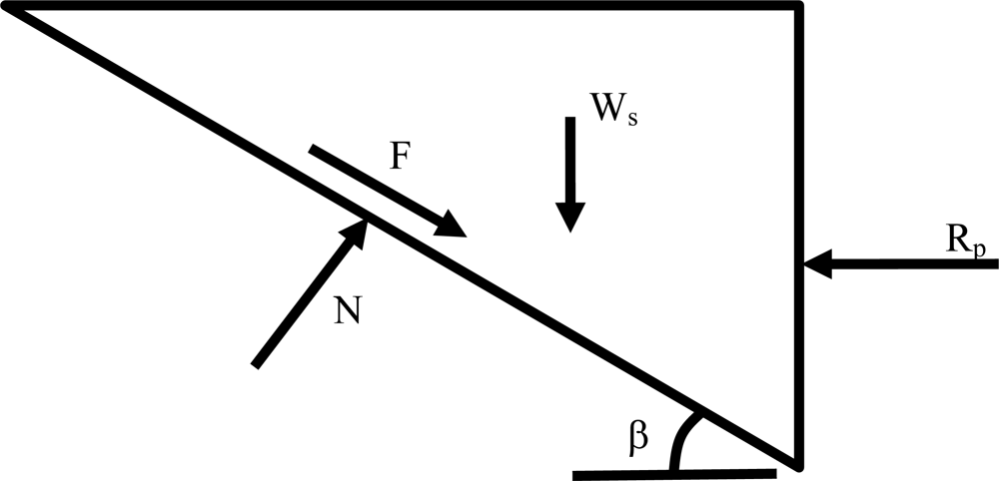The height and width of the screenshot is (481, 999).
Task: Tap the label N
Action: coord(349,310)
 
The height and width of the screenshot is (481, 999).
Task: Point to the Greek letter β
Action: coord(639,437)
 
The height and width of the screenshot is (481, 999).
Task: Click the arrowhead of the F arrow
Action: coord(454,228)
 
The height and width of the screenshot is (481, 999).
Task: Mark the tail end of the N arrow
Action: coord(257,365)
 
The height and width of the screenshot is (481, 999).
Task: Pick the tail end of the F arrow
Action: coord(313,150)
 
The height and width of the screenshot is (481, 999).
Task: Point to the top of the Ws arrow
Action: coord(569,120)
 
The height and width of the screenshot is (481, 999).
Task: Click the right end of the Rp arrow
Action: coord(995,264)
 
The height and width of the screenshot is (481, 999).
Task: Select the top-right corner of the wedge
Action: coord(799,6)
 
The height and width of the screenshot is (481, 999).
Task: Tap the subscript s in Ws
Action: coord(630,117)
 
